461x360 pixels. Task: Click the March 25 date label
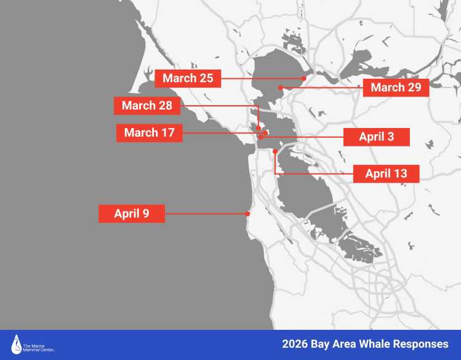tap(188, 78)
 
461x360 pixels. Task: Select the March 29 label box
tap(396, 87)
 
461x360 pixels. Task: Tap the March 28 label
tap(147, 105)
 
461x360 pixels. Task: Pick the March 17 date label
tap(149, 132)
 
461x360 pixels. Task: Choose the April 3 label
tap(376, 137)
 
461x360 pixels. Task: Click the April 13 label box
tap(387, 174)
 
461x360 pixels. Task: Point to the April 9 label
tap(131, 214)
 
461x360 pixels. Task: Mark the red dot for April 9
tap(247, 214)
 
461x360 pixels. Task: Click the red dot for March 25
tap(305, 78)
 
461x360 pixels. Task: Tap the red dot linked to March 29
tap(280, 87)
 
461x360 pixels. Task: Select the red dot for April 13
tap(275, 151)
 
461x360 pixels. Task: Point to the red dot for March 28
tap(259, 129)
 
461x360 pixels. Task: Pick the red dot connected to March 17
tap(265, 132)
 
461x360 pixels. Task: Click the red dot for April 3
tap(261, 137)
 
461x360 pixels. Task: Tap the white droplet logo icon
tap(17, 344)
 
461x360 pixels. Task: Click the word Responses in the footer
tap(421, 343)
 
